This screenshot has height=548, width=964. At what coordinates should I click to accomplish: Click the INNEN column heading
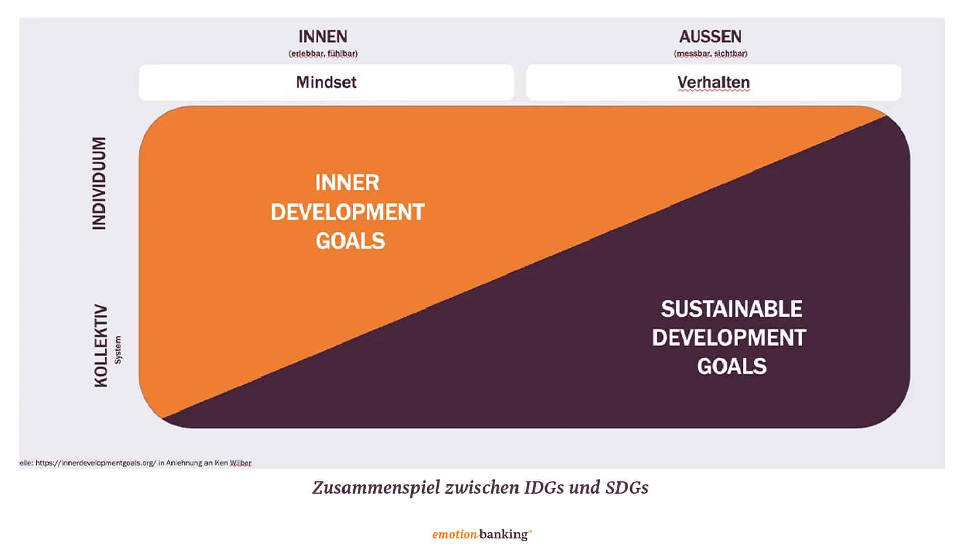(x=323, y=37)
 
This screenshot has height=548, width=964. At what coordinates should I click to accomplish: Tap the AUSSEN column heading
(x=710, y=37)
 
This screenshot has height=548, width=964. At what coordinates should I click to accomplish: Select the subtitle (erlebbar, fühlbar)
(x=323, y=53)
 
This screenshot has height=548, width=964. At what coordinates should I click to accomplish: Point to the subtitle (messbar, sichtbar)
(x=710, y=53)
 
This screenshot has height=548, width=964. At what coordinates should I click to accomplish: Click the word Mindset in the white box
(x=326, y=82)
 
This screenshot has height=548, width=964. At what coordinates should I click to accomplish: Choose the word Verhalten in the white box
(x=713, y=82)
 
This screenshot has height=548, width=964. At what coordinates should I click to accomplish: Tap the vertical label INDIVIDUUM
(x=99, y=183)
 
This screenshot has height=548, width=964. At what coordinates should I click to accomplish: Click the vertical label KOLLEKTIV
(x=101, y=346)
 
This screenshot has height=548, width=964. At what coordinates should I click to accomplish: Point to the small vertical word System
(x=118, y=350)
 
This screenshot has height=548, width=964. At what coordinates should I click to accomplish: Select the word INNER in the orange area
(x=347, y=183)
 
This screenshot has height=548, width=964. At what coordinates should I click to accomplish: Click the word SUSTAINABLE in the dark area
(x=731, y=309)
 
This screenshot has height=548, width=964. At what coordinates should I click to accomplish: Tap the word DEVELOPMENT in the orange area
(x=348, y=212)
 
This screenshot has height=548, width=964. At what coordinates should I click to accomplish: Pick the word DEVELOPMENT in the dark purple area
(x=729, y=338)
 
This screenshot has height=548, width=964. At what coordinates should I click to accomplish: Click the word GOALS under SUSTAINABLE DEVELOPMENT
(x=732, y=366)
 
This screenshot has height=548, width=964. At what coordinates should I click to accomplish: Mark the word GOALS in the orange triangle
(x=350, y=241)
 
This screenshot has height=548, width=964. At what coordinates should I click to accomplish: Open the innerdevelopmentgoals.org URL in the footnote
(x=96, y=463)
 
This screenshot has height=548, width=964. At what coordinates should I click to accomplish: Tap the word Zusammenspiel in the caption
(x=376, y=488)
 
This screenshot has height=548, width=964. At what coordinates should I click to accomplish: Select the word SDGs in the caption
(x=627, y=487)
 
